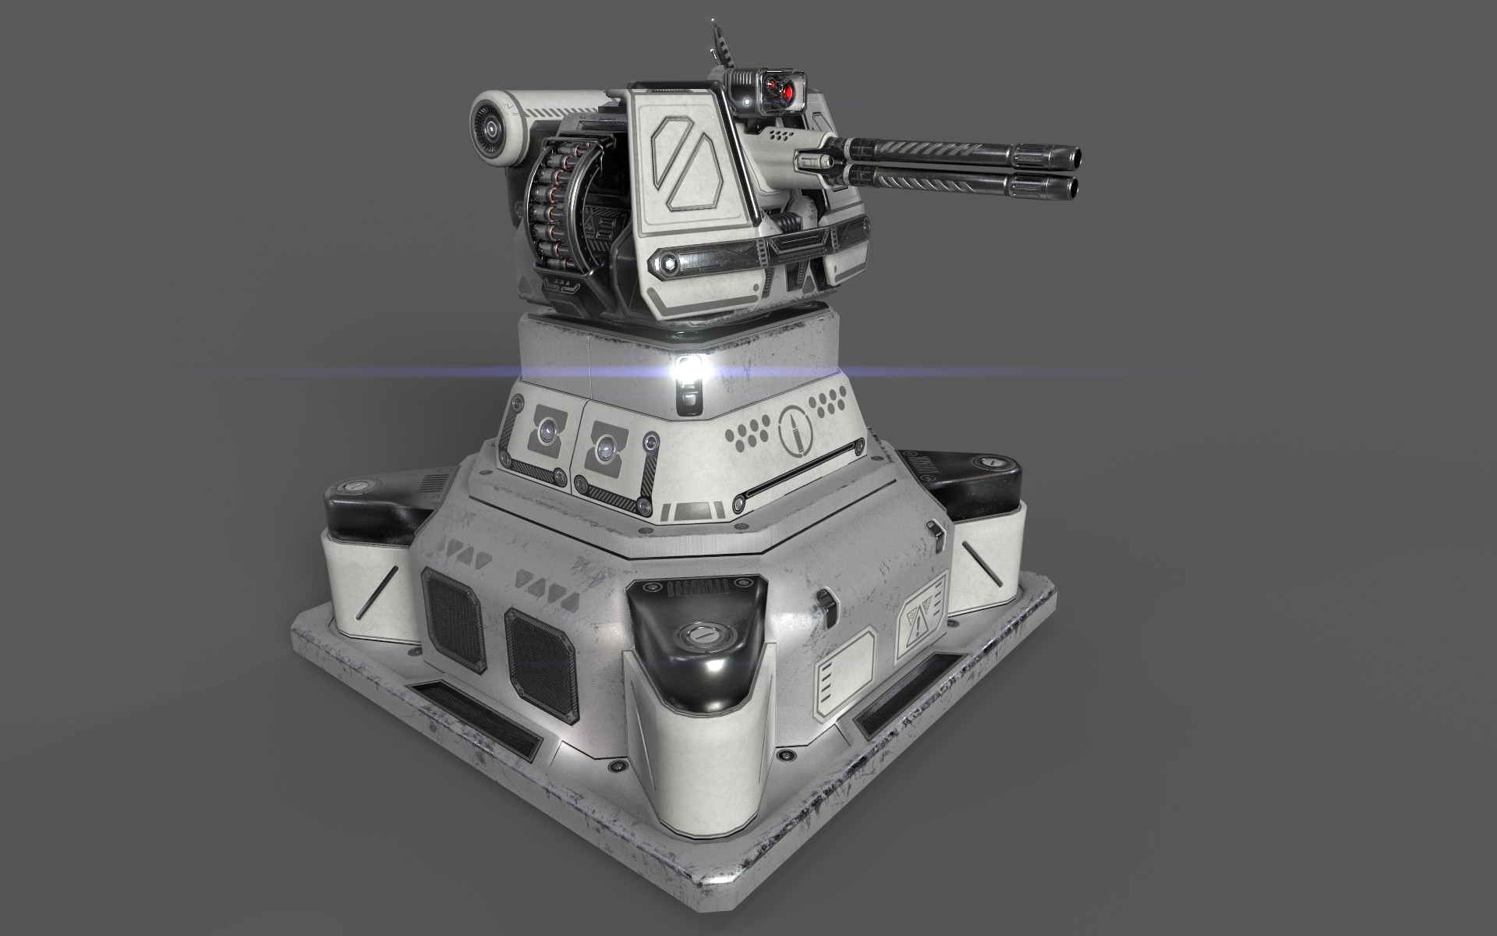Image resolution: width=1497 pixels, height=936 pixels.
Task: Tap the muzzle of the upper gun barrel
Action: pyautogui.click(x=1076, y=157)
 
